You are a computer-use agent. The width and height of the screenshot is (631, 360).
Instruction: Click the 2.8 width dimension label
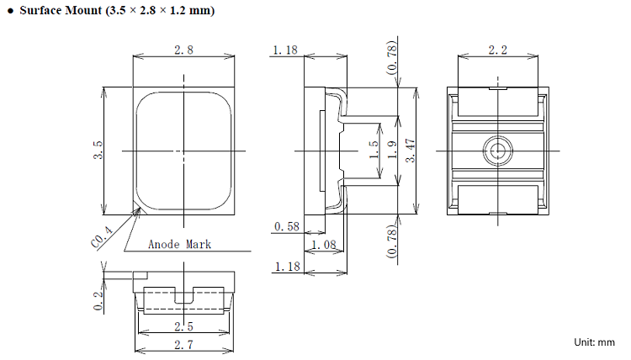click(183, 50)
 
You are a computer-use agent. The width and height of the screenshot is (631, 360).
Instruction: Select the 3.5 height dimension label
click(98, 150)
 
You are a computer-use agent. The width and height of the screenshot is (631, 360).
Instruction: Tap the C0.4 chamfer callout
click(102, 236)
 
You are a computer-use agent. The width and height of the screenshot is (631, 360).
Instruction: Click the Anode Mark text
click(179, 244)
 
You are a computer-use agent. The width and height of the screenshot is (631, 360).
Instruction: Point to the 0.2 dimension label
click(98, 301)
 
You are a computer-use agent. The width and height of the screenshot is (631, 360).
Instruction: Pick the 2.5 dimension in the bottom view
click(183, 326)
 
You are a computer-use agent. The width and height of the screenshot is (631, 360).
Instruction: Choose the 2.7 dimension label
click(183, 345)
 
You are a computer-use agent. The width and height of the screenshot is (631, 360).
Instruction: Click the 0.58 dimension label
click(287, 226)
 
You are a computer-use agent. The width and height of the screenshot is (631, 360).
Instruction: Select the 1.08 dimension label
click(324, 245)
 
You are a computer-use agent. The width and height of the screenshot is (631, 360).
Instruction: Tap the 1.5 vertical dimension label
click(374, 149)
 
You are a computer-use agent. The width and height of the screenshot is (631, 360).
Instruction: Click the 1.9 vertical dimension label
click(391, 149)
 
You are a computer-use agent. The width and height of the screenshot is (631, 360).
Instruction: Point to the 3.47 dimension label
click(410, 151)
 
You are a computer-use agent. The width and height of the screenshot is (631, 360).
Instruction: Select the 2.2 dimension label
click(498, 50)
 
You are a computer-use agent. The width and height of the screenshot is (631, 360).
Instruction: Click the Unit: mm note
click(594, 342)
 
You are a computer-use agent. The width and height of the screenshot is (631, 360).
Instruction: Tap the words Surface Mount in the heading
click(61, 10)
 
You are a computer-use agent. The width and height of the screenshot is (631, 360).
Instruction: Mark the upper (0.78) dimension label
click(391, 57)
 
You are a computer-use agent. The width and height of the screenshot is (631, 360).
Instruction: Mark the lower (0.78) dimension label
click(391, 241)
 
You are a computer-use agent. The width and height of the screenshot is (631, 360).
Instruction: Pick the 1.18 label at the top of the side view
click(285, 50)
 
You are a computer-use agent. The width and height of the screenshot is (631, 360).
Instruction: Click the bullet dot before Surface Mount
click(10, 11)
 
